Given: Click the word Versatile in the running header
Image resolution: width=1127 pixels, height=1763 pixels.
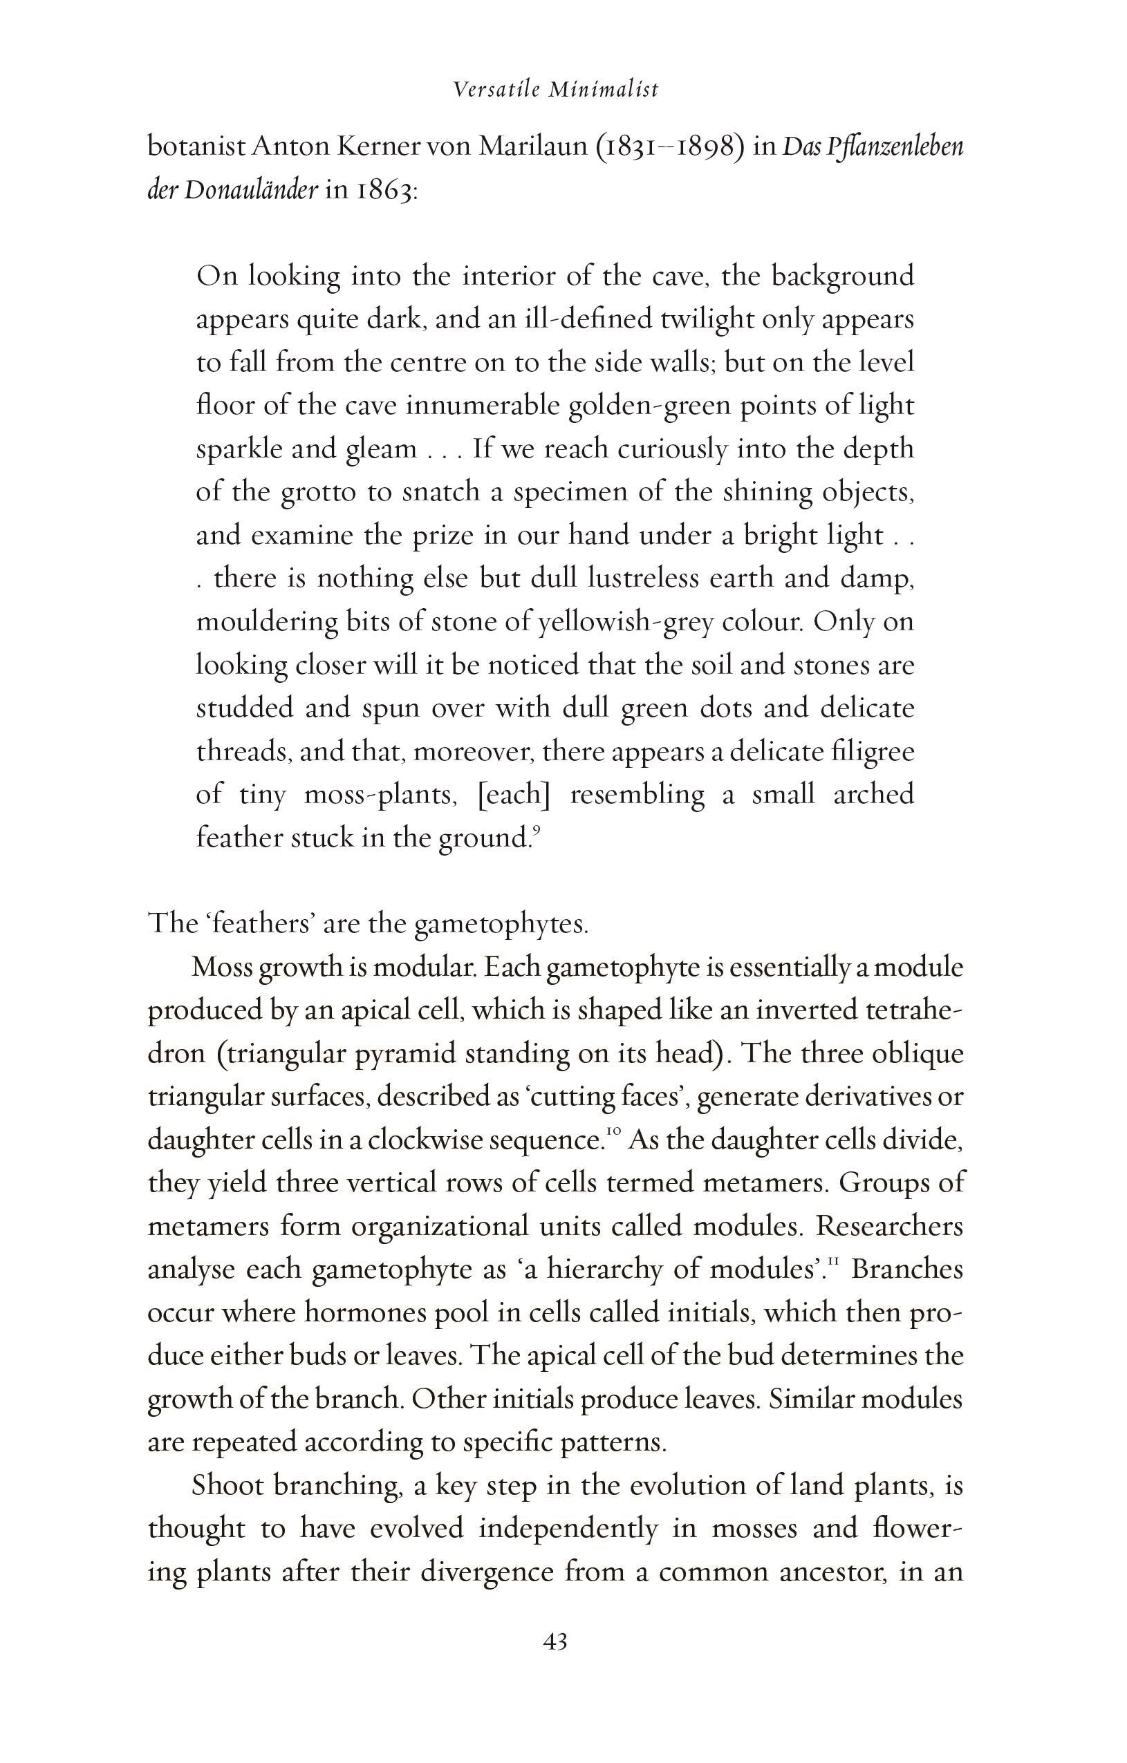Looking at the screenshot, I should point(496,89).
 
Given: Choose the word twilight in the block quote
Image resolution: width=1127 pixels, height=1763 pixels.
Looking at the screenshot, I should point(707,320).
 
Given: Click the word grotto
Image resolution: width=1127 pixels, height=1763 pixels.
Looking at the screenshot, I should point(318,493).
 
